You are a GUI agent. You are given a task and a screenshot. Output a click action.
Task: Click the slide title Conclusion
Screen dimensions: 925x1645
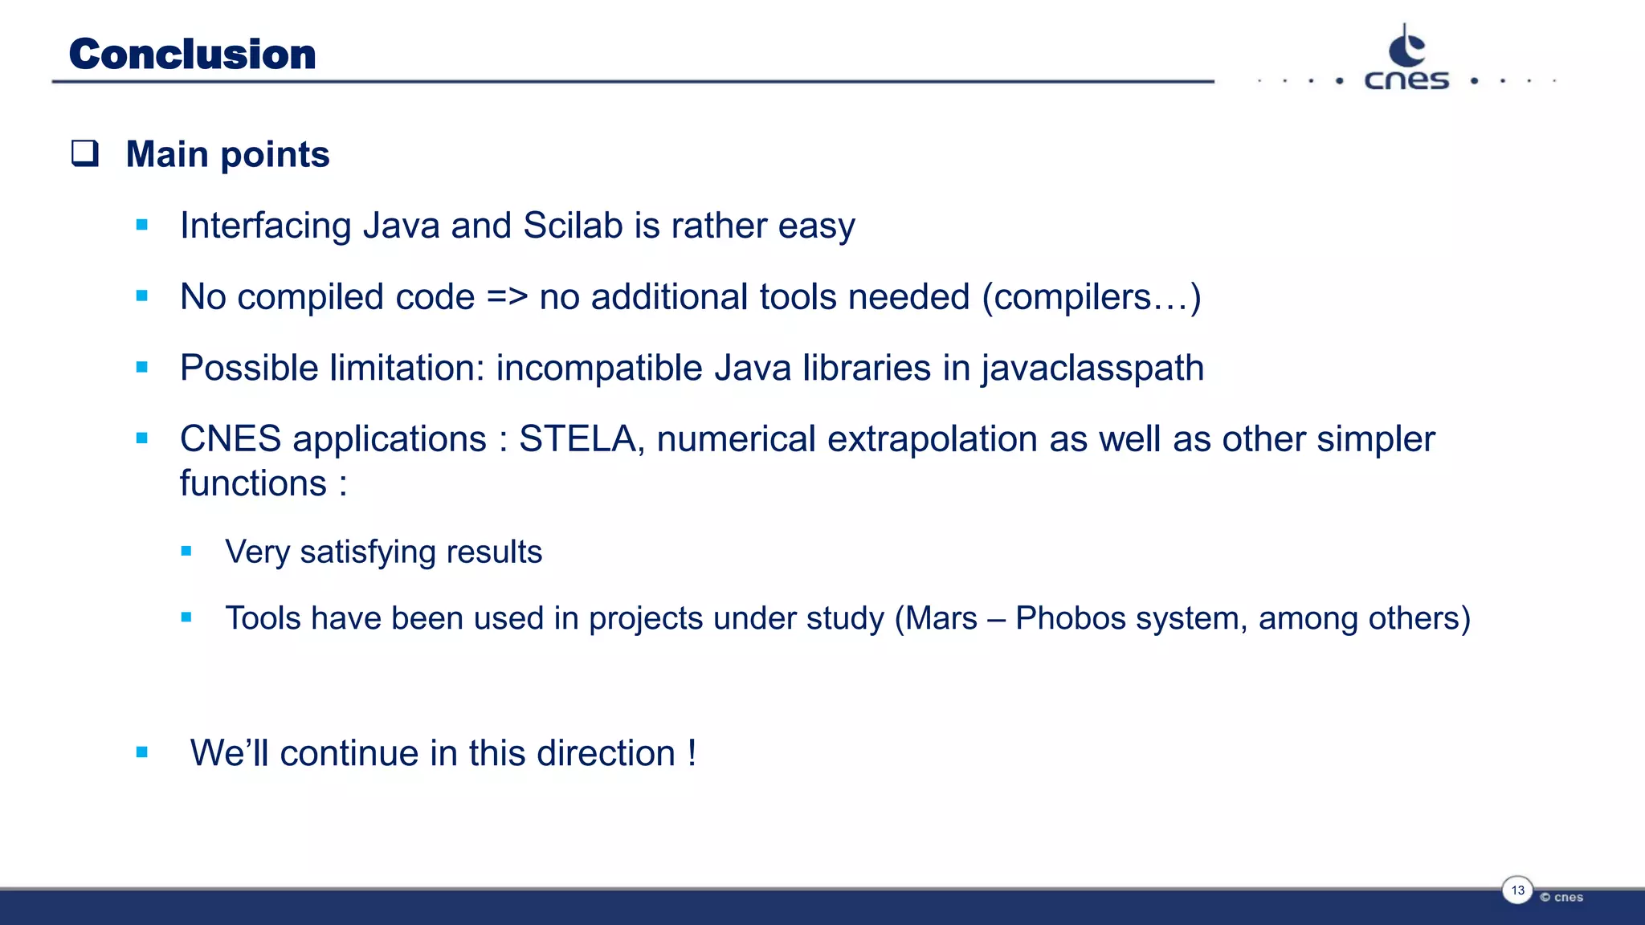pos(193,55)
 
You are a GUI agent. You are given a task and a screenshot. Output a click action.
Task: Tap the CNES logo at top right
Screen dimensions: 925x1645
pos(1406,59)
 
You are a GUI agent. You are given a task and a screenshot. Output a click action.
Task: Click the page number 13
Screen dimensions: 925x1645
pos(1517,890)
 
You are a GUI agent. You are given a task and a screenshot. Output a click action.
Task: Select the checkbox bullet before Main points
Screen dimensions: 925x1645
pos(85,153)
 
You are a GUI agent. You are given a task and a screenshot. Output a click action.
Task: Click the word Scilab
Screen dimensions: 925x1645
pos(573,226)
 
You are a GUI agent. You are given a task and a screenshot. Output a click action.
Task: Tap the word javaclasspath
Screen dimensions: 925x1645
pos(1092,369)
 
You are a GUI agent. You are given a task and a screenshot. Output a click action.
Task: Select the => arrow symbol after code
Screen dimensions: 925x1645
pos(507,297)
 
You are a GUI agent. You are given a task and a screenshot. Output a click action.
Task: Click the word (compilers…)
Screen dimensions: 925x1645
pos(1092,297)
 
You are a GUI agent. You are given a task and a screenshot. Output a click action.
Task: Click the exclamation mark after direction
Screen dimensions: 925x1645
pos(692,753)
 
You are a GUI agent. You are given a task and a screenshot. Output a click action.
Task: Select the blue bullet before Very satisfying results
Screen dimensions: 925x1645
pos(186,551)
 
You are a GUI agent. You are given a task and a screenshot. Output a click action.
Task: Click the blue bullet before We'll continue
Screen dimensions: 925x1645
pos(142,752)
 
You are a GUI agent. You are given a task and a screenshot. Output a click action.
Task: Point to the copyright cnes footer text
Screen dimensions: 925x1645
pos(1561,898)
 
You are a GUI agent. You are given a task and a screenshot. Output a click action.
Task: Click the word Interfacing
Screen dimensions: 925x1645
pos(265,226)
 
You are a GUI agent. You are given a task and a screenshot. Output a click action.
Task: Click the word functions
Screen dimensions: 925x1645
pos(253,483)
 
